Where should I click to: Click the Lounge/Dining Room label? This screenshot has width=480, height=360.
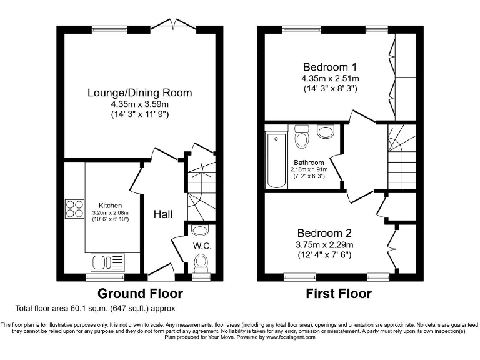[x=139, y=93]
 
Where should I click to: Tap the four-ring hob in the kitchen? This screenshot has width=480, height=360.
[x=74, y=209]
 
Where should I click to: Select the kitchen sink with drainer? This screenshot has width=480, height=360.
[x=107, y=261]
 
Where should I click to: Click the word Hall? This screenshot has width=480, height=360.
[x=163, y=214]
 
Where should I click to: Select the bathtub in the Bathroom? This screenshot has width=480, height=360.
[x=275, y=160]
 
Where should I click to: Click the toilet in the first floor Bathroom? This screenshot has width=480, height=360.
[x=302, y=137]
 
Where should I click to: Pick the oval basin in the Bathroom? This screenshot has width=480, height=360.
[x=326, y=132]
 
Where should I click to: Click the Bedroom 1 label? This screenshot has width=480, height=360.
[x=331, y=67]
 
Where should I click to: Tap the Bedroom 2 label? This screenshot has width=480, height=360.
[x=324, y=232]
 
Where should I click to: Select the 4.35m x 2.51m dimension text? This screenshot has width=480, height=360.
[x=331, y=79]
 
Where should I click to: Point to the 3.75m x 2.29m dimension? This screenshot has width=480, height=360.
[x=324, y=244]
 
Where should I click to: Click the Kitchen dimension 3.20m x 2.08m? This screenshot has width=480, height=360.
[x=109, y=212]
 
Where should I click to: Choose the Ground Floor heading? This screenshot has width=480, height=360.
[x=140, y=294]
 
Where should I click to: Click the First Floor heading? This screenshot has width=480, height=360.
[x=337, y=294]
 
